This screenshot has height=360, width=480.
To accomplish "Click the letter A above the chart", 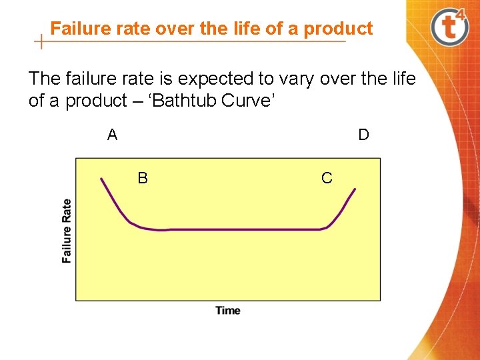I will point(112,135).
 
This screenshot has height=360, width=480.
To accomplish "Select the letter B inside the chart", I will point(143,178).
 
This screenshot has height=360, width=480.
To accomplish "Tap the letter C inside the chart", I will point(327,178).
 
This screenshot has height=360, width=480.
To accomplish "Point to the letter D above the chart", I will point(363,135).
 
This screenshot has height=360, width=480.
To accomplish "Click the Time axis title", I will point(228,310).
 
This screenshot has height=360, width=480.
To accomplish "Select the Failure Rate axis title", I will point(67,231).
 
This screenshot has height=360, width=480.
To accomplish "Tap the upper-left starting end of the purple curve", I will point(101,179).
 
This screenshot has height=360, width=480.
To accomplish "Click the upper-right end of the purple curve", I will point(355,189).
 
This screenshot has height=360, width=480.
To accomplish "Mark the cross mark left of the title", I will point(41,41).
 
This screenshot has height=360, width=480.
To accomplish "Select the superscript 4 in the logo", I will point(460,17).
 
